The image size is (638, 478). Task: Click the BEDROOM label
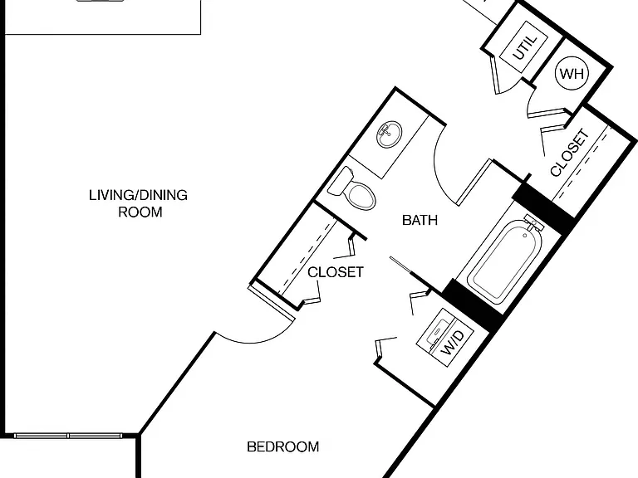pyautogui.click(x=282, y=446)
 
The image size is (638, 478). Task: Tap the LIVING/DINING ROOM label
pyautogui.click(x=139, y=203)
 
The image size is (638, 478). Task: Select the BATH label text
pyautogui.click(x=420, y=220)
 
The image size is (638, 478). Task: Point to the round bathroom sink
pyautogui.click(x=389, y=134)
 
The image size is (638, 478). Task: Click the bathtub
pyautogui.click(x=505, y=262)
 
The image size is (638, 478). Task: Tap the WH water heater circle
pyautogui.click(x=572, y=73)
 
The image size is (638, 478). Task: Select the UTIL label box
pyautogui.click(x=524, y=46)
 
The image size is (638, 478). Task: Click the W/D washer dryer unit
pyautogui.click(x=445, y=338)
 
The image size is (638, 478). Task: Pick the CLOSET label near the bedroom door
pyautogui.click(x=336, y=272)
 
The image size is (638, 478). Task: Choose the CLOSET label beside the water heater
pyautogui.click(x=570, y=153)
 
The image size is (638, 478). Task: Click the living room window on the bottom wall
pyautogui.click(x=68, y=436)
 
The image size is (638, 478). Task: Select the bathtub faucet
pyautogui.click(x=533, y=223)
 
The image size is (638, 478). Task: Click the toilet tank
pyautogui.click(x=339, y=181)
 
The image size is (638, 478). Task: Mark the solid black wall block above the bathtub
pyautogui.click(x=544, y=207)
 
